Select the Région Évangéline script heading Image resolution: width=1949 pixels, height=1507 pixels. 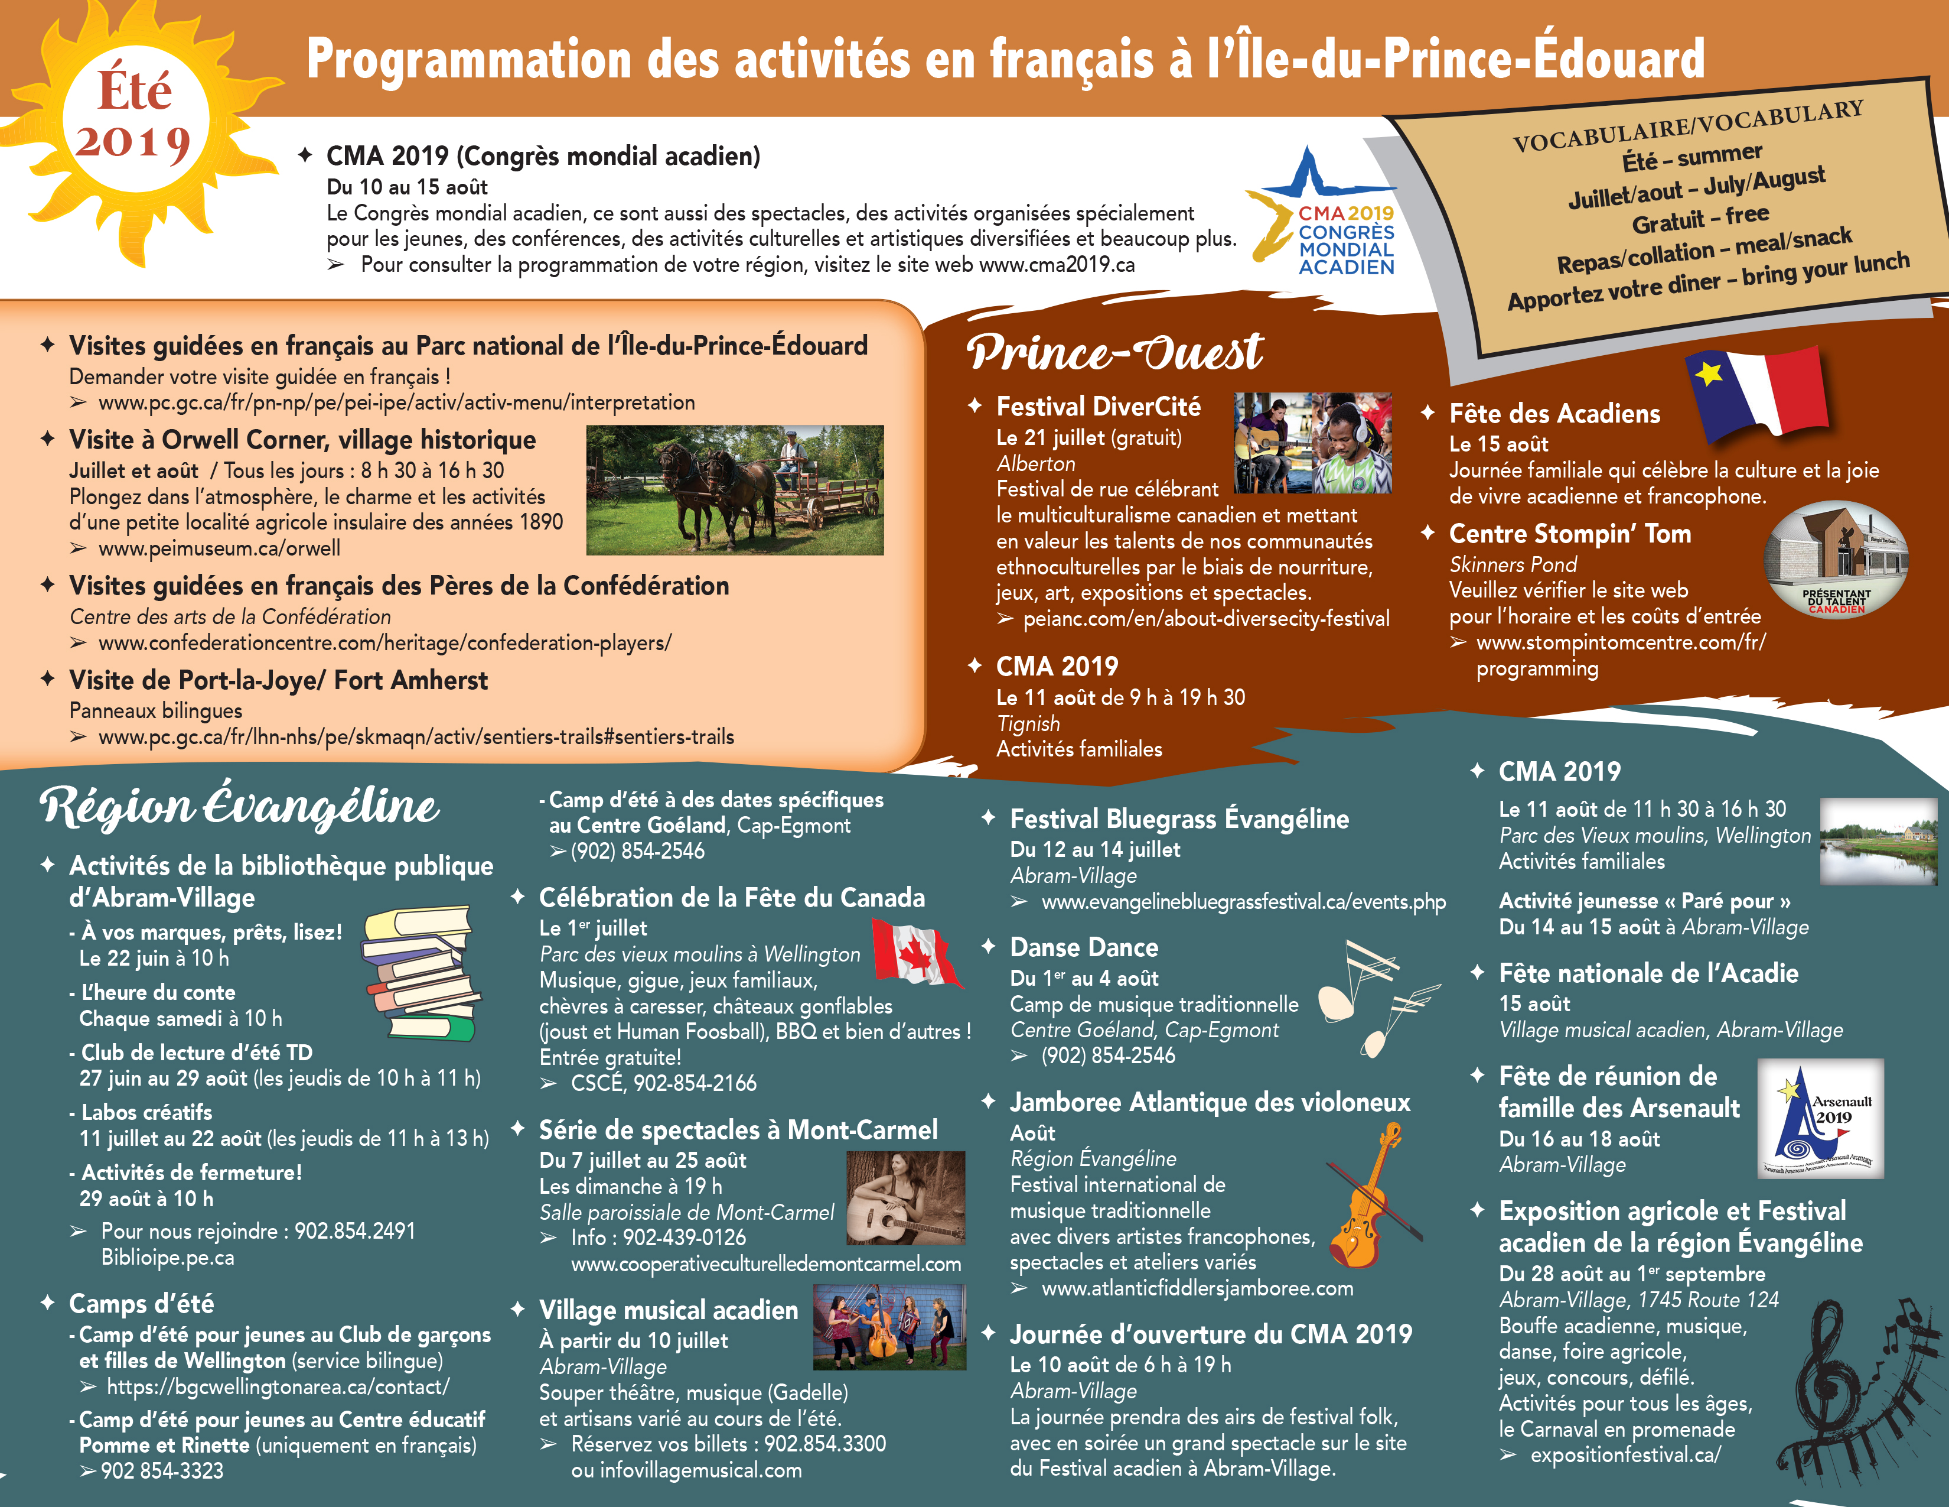tap(239, 806)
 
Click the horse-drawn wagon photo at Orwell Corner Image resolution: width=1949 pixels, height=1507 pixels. tap(735, 489)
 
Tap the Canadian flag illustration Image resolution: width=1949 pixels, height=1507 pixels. tap(915, 953)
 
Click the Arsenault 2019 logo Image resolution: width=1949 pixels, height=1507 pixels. tap(1820, 1119)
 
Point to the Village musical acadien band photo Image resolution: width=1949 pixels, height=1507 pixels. tap(889, 1327)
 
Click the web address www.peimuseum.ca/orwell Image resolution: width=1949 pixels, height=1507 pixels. tap(219, 548)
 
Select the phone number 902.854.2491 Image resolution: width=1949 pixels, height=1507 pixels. tap(354, 1231)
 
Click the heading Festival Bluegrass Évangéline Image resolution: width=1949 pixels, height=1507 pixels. tap(1179, 819)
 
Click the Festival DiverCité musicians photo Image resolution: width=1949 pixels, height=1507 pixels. tap(1312, 444)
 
